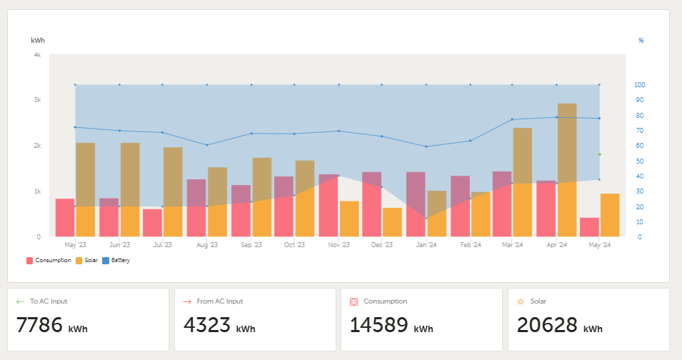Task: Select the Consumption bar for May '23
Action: (x=65, y=218)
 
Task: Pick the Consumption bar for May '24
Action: (x=589, y=227)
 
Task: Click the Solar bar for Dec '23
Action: (x=392, y=222)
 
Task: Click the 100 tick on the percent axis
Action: (x=639, y=85)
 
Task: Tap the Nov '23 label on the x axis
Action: (x=339, y=244)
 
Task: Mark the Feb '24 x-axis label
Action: (x=471, y=244)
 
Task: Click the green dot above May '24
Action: (x=599, y=154)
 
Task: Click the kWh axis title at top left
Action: (x=38, y=41)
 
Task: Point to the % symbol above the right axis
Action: (x=641, y=41)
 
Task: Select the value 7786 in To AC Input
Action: (x=39, y=325)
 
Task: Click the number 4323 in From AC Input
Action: (x=207, y=325)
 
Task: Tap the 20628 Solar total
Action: (x=546, y=325)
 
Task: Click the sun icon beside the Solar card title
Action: (x=520, y=301)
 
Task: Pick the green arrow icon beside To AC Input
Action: (x=20, y=301)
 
